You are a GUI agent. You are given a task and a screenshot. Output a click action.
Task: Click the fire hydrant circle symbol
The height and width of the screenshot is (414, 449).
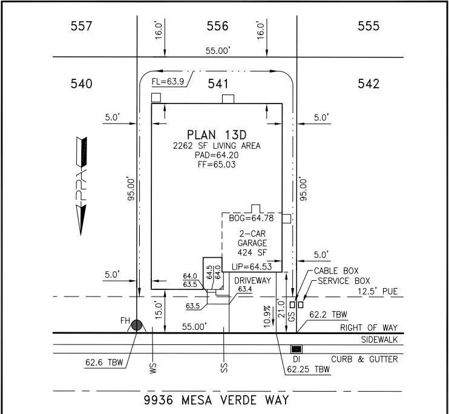[x=137, y=325]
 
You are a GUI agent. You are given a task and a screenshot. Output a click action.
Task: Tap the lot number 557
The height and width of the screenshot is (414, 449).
[x=81, y=26]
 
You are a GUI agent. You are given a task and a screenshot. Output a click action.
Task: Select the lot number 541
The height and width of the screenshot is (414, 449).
[x=218, y=84]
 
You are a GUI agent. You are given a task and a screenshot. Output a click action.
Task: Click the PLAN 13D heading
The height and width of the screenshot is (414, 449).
[x=217, y=134]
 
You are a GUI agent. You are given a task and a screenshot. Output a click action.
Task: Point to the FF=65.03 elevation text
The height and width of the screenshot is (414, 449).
[x=217, y=164]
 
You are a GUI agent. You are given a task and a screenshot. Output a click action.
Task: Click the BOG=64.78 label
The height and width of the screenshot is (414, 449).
[x=252, y=218]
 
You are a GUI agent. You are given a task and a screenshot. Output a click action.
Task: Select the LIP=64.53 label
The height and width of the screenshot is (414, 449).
[x=252, y=266]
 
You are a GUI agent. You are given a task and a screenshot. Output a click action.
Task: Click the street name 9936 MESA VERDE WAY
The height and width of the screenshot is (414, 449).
[x=217, y=400]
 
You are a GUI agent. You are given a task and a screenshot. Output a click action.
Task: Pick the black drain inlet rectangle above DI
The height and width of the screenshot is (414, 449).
[x=297, y=349]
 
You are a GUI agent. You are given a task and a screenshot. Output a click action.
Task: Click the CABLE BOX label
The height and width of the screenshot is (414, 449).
[x=336, y=271]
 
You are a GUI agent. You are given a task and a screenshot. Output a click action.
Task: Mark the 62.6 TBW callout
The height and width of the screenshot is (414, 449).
[x=104, y=363]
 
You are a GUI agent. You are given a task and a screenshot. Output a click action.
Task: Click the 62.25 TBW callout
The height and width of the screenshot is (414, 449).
[x=308, y=369]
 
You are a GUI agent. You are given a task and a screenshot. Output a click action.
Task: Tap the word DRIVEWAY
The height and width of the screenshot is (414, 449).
[x=252, y=280]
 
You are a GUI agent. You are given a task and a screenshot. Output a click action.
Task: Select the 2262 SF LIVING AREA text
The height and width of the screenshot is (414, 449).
[x=217, y=145]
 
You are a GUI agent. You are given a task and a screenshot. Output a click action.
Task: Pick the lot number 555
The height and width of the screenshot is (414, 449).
[x=368, y=26]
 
